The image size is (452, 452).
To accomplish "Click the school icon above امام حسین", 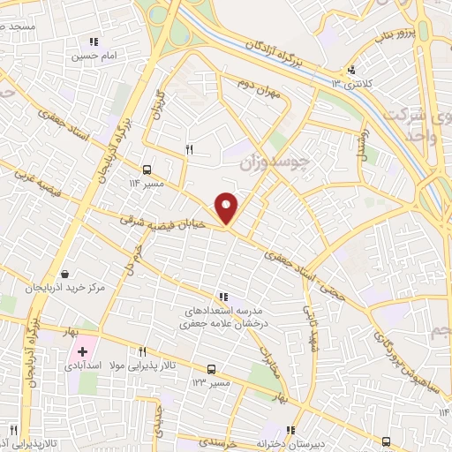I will (93, 41).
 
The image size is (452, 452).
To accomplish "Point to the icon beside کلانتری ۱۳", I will (351, 71).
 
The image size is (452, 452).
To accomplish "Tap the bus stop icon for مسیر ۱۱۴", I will (146, 169).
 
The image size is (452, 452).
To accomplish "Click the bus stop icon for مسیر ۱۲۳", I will (210, 369).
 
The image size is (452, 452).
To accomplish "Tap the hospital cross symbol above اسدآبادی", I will (82, 351).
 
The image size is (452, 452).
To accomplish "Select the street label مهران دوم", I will (259, 89).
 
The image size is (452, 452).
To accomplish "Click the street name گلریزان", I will (160, 105).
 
